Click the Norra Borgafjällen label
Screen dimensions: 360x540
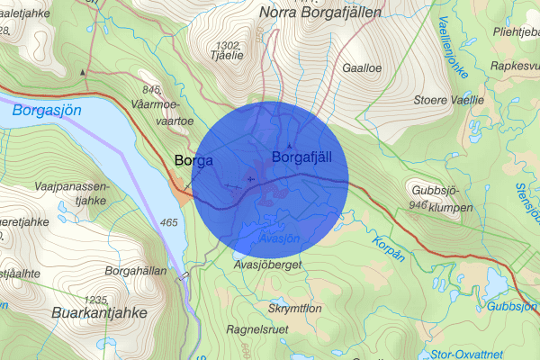tap(319, 13)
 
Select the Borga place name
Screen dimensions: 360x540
tap(193, 161)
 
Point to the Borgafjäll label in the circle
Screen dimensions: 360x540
tap(309, 158)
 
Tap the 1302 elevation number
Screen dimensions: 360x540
tap(229, 45)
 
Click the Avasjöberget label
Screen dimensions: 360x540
tap(266, 265)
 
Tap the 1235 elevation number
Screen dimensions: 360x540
tap(95, 300)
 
